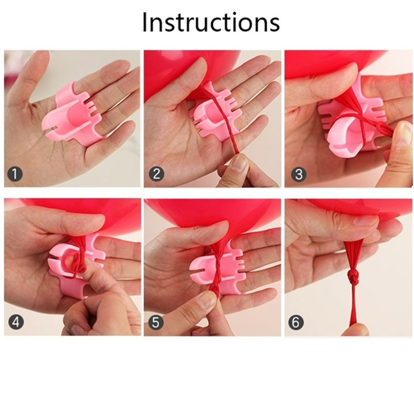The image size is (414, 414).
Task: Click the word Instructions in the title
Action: (x=211, y=22)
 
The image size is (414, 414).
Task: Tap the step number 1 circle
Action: (x=15, y=174)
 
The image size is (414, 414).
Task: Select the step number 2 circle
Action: (x=157, y=174)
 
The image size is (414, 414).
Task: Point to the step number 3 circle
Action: (x=299, y=174)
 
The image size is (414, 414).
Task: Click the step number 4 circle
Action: (x=16, y=322)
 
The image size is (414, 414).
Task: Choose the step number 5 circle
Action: (x=156, y=322)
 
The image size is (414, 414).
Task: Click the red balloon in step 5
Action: (x=211, y=214)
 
